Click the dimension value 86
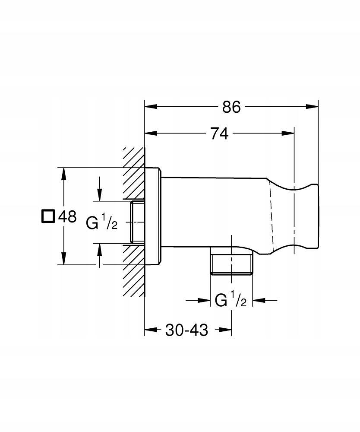tap(231, 107)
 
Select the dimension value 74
tap(219, 133)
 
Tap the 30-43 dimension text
tap(186, 330)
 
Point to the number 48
tap(67, 216)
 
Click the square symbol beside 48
tap(48, 216)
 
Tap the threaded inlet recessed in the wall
tap(137, 222)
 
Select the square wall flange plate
tap(152, 216)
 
